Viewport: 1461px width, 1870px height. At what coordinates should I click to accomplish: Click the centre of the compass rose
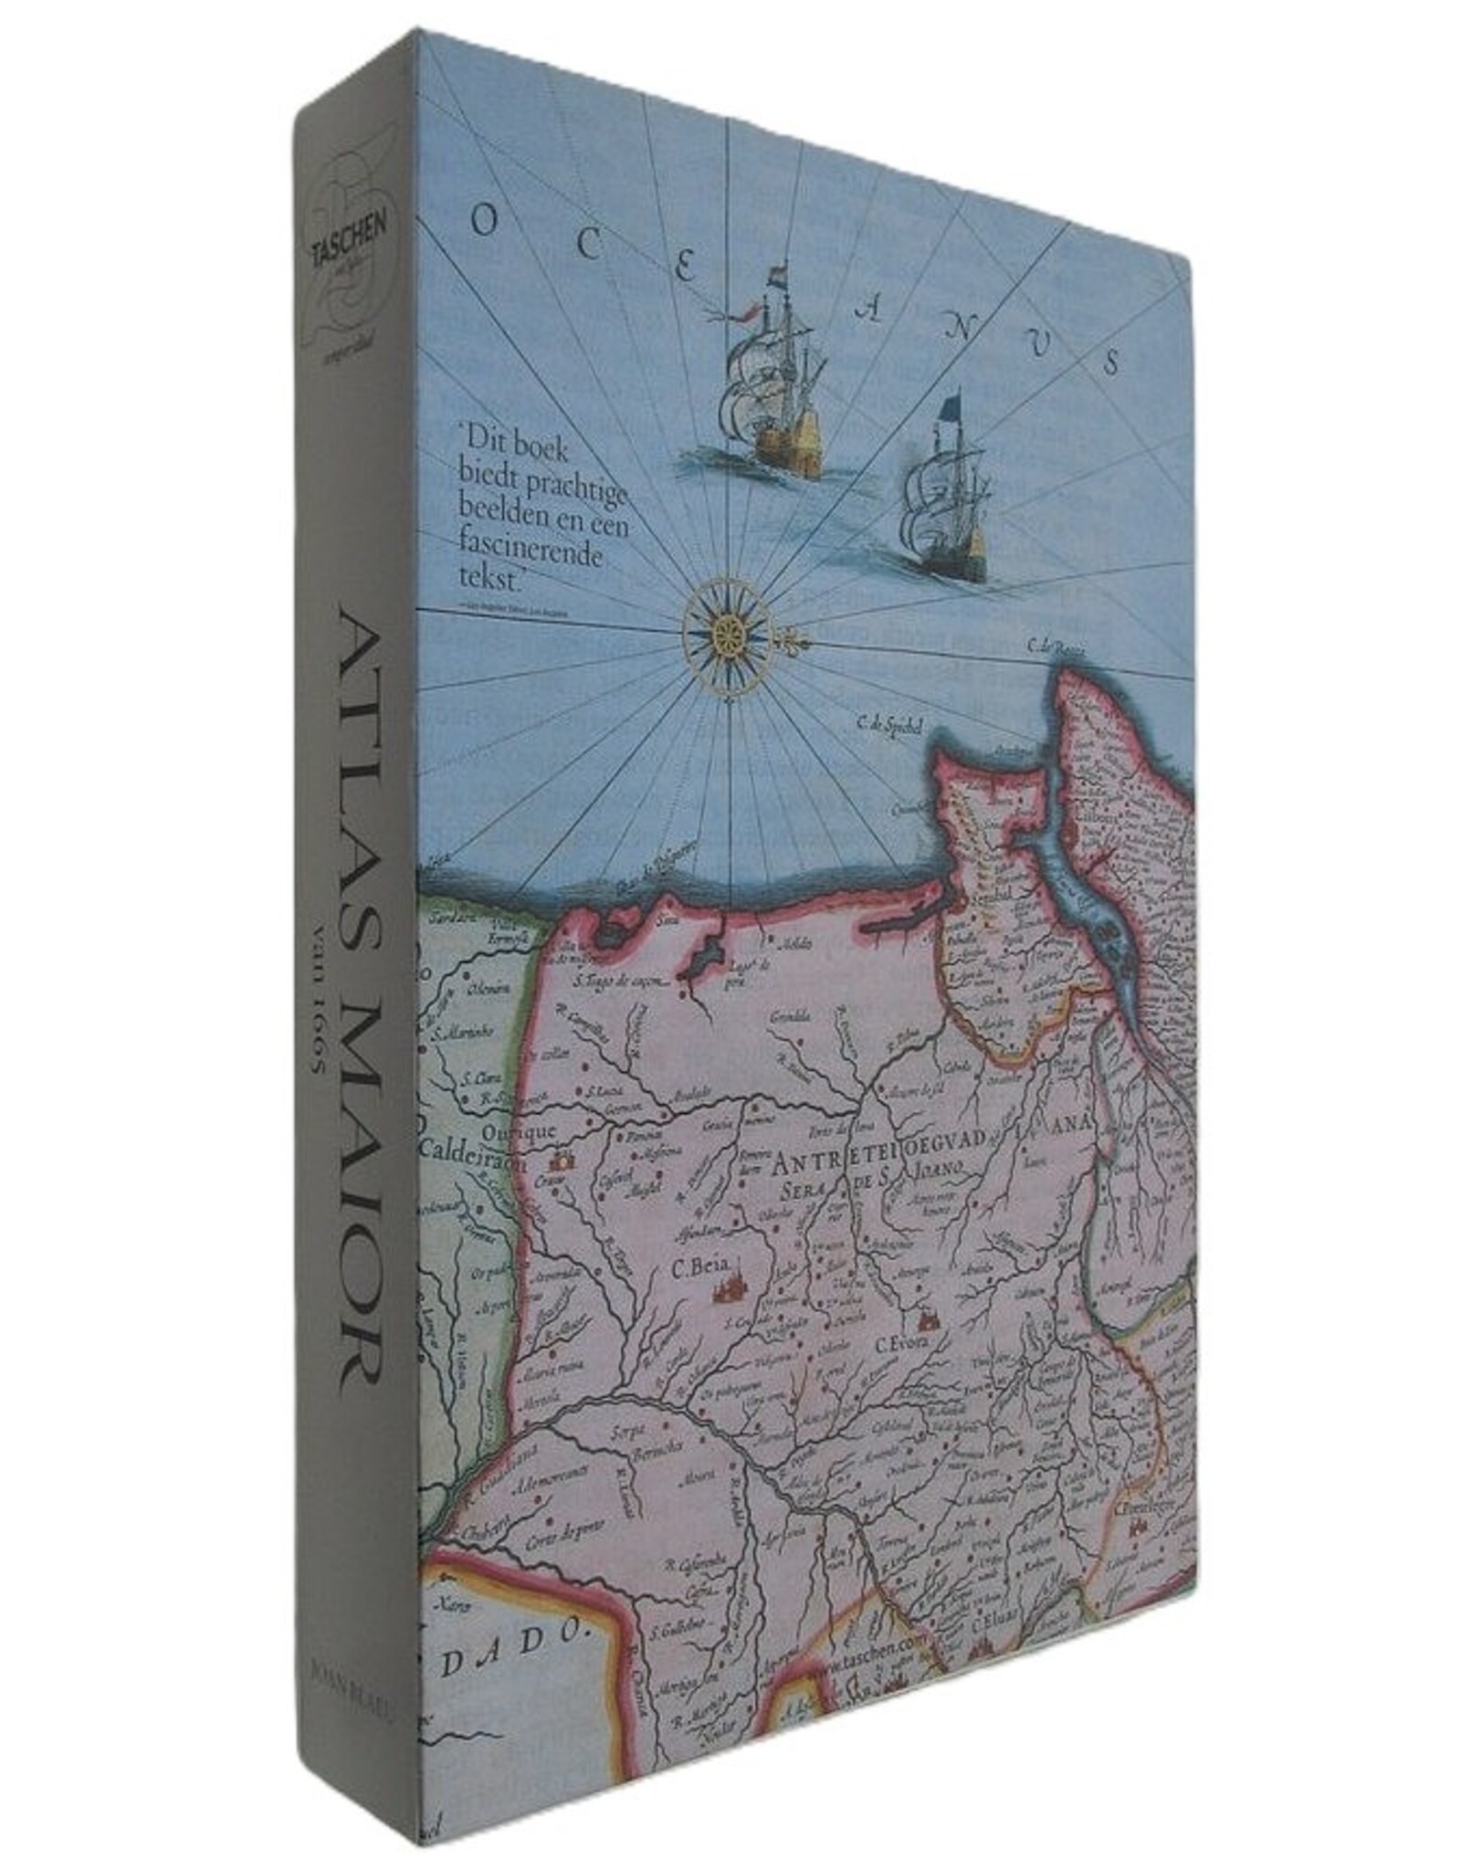click(728, 630)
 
